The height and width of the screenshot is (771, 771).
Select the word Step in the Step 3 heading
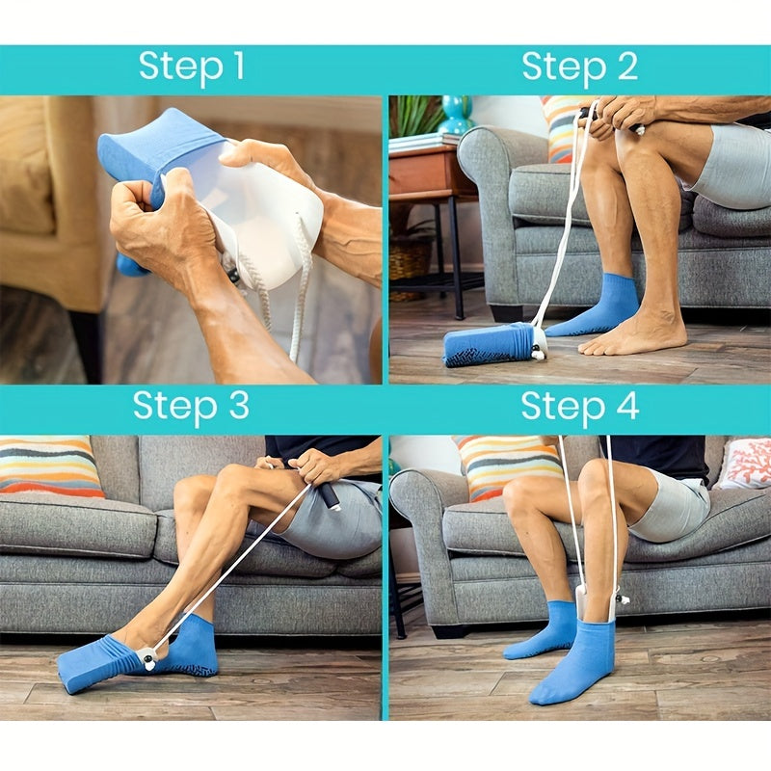[168, 407]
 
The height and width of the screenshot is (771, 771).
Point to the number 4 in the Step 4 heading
[626, 407]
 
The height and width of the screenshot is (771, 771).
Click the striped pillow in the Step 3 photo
[50, 466]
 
